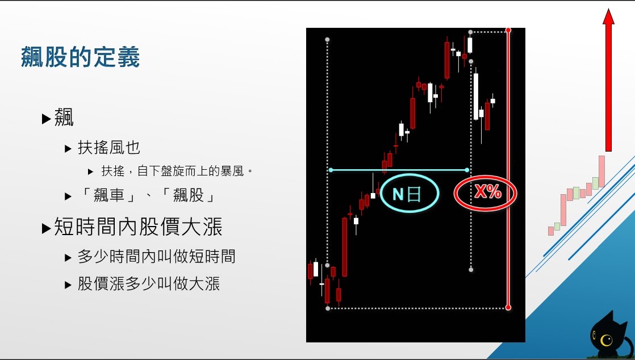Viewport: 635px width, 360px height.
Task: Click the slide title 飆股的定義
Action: (80, 57)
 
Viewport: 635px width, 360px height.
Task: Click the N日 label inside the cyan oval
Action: (407, 194)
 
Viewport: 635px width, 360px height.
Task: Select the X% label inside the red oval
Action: (487, 191)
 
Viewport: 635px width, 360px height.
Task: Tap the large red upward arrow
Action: (608, 79)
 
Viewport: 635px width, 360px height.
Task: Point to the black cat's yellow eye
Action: (606, 340)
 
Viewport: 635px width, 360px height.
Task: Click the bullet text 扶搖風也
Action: (109, 148)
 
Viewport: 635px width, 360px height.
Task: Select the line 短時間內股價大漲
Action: (138, 227)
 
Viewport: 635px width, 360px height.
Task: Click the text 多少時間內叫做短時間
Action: (156, 257)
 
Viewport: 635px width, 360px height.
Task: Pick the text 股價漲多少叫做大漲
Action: (149, 284)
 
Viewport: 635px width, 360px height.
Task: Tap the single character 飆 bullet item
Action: (64, 118)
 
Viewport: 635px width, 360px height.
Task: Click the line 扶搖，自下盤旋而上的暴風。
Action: (177, 171)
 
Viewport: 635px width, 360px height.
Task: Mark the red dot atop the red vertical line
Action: (508, 30)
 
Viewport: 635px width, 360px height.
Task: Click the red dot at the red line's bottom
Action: (508, 308)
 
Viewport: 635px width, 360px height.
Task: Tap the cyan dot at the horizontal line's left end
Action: (331, 170)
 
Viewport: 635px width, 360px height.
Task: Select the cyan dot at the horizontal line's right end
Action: (467, 170)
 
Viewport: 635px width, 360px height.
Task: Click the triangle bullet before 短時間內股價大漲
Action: (46, 228)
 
